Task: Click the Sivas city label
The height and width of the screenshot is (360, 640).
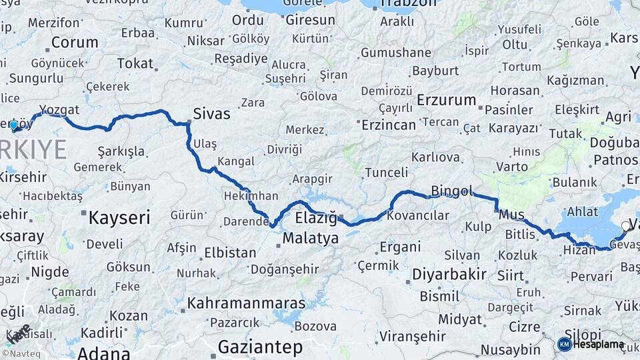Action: pos(211,113)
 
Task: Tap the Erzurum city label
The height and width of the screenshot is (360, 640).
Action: pos(446,101)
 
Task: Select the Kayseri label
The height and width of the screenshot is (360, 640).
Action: pos(119,217)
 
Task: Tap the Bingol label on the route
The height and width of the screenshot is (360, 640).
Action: pos(451,191)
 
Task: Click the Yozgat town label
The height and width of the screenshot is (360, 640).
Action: pos(59,109)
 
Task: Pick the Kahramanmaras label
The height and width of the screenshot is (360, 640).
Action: pos(246,303)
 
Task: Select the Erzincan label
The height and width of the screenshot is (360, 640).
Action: pos(389,125)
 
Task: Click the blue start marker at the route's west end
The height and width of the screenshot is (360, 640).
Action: pos(13,124)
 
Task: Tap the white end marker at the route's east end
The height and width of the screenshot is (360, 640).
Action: pos(625,226)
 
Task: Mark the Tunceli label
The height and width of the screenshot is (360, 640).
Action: pos(387,173)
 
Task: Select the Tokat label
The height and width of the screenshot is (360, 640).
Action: pos(135,63)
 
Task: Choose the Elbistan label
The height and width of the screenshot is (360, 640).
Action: pos(229,253)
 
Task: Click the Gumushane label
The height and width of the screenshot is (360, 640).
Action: pos(396,52)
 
